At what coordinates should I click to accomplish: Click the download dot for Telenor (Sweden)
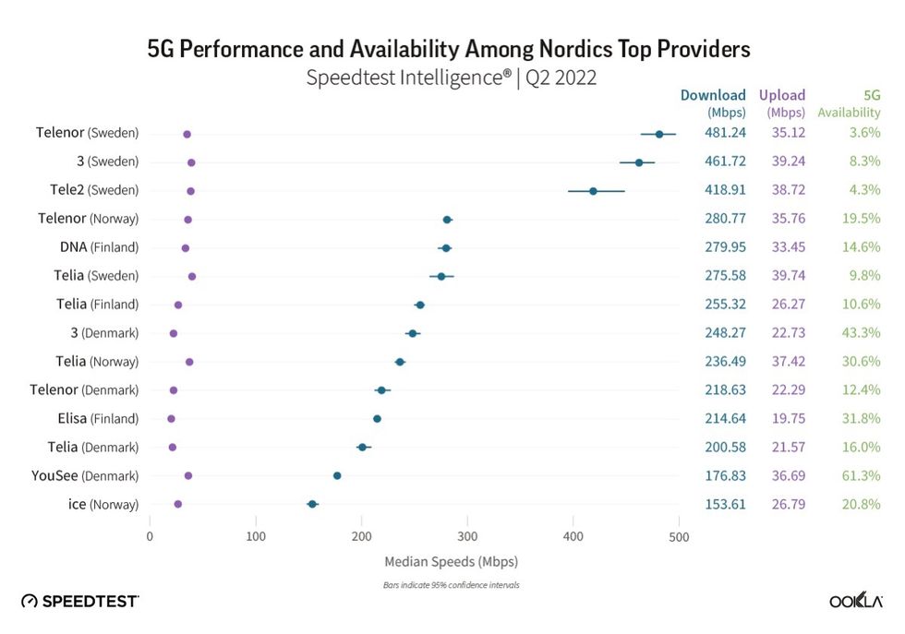coord(659,134)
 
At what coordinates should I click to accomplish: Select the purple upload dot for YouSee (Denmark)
coord(188,475)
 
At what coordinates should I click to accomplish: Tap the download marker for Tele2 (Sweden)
coord(593,191)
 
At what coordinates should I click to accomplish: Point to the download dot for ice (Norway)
coord(312,504)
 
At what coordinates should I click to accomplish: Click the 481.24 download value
coord(725,133)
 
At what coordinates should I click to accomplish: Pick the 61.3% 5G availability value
coord(862,475)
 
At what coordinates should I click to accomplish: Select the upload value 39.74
coord(788,276)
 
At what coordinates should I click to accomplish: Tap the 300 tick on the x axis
coord(467,536)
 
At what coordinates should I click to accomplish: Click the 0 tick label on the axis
coord(150,536)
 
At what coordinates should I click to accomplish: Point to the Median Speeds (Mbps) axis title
coord(451,561)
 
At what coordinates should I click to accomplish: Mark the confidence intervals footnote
coord(451,585)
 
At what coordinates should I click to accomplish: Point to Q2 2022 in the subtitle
coord(561,78)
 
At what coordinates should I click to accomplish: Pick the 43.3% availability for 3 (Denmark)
coord(862,333)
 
